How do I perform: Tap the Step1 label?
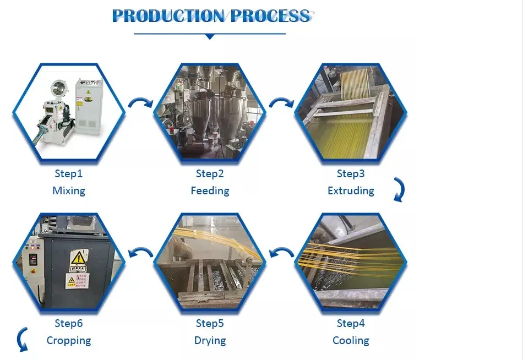[68, 174]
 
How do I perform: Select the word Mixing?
[68, 191]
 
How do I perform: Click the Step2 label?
[210, 174]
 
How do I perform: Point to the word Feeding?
[210, 191]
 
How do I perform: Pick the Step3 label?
[351, 174]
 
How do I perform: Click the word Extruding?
[351, 191]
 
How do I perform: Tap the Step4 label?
[351, 323]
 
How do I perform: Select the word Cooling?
[351, 341]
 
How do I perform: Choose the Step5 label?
[210, 323]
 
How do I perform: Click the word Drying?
[210, 341]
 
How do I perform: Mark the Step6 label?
[68, 323]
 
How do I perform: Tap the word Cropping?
[68, 341]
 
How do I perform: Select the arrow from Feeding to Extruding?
[281, 103]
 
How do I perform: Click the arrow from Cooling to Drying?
[281, 253]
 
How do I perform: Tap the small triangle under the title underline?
[209, 37]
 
